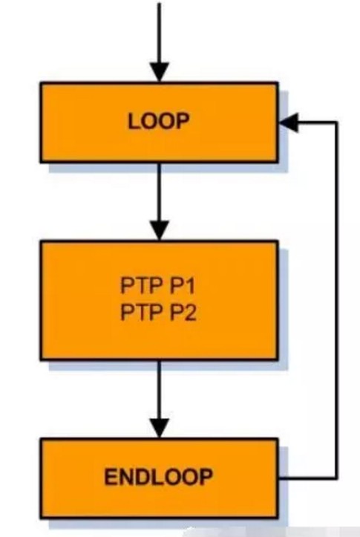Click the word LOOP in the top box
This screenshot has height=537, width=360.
click(x=158, y=121)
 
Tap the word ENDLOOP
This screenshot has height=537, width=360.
click(x=158, y=477)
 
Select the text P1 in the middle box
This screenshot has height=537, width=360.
click(x=183, y=285)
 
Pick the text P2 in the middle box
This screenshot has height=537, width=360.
click(x=183, y=313)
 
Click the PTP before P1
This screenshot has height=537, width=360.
click(x=142, y=285)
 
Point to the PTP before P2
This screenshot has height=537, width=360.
click(x=142, y=313)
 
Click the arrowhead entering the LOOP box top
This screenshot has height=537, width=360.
click(x=160, y=72)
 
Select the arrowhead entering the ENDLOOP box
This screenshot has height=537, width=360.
click(x=160, y=428)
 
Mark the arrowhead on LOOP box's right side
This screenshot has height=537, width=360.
click(x=289, y=123)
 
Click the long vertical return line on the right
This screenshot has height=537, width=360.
click(x=337, y=300)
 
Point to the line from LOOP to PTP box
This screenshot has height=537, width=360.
click(x=160, y=192)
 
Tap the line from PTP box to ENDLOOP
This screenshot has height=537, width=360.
click(x=160, y=390)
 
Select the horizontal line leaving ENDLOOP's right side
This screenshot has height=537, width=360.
click(x=307, y=478)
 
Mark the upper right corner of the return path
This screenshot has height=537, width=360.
click(x=337, y=123)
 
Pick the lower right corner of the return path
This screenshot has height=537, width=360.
click(x=337, y=478)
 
